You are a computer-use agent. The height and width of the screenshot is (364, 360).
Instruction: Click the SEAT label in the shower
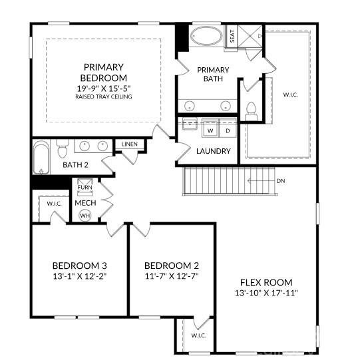pos(232,36)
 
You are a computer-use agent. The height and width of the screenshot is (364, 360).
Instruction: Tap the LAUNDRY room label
pos(213,151)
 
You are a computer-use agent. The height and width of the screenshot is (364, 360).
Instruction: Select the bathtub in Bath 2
pos(41,156)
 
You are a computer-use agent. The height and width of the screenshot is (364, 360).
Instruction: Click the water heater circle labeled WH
pos(85,216)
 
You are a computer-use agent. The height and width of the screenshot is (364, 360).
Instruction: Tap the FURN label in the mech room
pos(85,188)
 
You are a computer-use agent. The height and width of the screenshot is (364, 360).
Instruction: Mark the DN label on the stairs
pos(281,180)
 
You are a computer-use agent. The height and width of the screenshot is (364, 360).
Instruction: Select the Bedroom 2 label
pos(172,265)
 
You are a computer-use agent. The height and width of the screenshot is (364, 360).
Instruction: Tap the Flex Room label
pos(266,282)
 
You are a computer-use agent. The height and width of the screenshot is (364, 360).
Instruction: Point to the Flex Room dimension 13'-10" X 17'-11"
pos(266,293)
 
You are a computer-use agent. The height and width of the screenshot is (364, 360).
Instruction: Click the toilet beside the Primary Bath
pos(252,110)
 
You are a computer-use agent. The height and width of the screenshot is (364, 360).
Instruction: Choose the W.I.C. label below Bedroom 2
pos(198,335)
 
